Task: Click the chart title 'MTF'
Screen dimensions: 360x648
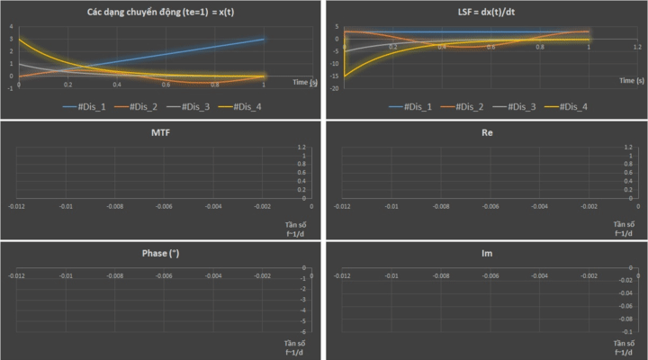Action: click(162, 132)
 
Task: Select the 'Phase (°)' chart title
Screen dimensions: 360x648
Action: click(162, 253)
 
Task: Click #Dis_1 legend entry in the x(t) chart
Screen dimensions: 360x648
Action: click(87, 107)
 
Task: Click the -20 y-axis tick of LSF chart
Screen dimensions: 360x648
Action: click(336, 88)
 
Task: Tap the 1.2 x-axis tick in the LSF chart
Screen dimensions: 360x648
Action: click(637, 46)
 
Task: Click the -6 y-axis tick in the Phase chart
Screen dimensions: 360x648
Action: click(306, 332)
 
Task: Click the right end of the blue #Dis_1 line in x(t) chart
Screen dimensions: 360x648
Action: click(264, 39)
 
